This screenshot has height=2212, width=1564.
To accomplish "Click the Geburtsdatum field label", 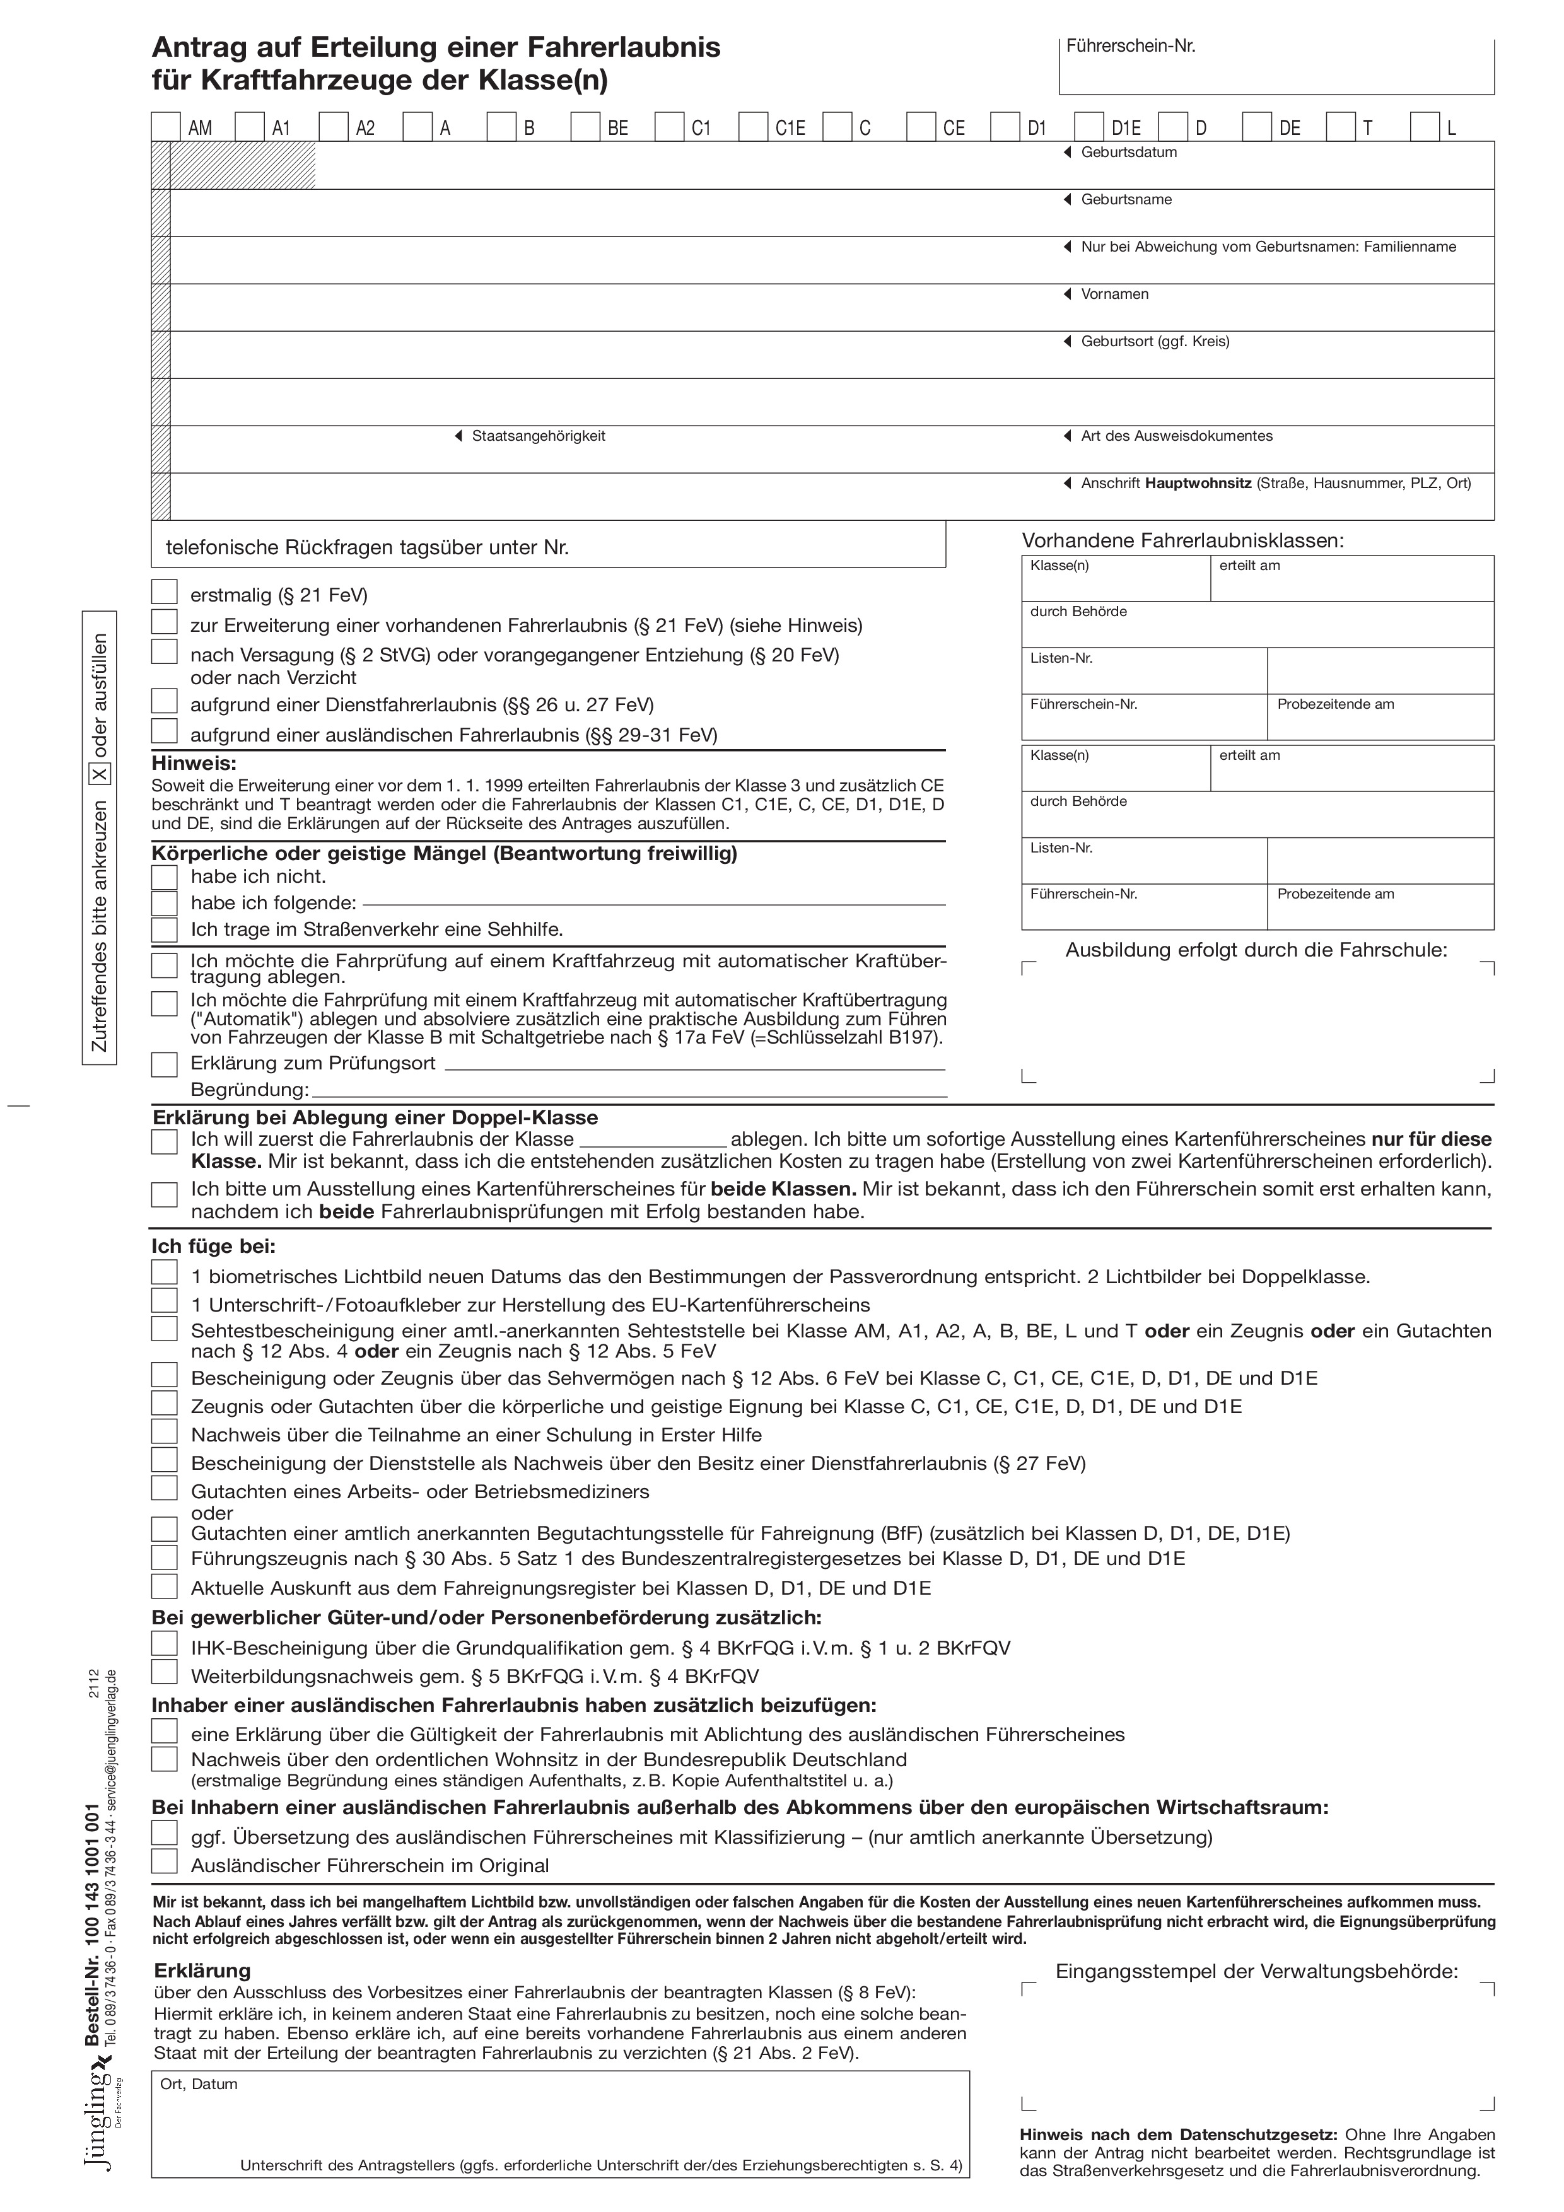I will coord(1128,152).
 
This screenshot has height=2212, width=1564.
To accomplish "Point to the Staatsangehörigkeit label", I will coord(538,436).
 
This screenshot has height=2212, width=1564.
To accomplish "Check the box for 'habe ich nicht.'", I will coord(165,876).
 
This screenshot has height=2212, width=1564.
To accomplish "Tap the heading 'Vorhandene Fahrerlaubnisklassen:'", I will coord(1182,540).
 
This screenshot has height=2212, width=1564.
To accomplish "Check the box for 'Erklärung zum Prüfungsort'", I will coord(165,1064).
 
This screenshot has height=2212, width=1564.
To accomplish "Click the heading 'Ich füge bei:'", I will coord(213,1247).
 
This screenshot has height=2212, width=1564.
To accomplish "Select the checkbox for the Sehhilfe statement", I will coord(165,929).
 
